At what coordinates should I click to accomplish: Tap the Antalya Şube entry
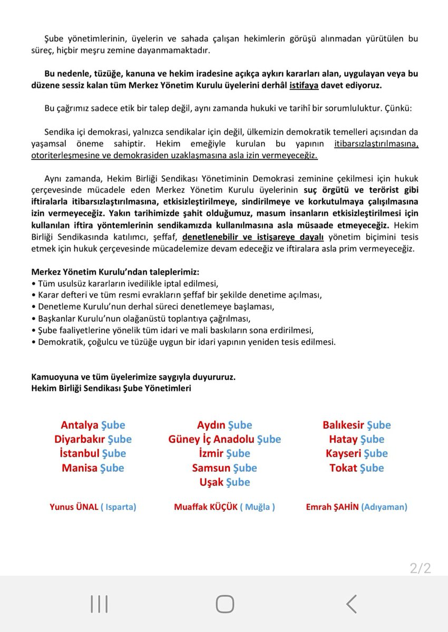[x=93, y=425]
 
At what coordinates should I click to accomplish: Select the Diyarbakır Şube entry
[x=93, y=439]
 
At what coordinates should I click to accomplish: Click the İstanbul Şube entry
[x=93, y=453]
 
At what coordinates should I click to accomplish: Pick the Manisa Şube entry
[x=93, y=468]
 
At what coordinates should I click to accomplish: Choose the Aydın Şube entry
[x=225, y=425]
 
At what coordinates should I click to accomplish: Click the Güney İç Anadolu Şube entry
[x=225, y=439]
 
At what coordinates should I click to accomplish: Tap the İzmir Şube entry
[x=225, y=453]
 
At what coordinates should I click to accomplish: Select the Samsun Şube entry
[x=225, y=468]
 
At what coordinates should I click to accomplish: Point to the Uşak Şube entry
[x=225, y=482]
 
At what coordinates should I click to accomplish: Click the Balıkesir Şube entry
[x=357, y=425]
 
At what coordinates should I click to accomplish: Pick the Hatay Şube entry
[x=357, y=439]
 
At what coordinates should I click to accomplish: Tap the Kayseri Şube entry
[x=357, y=453]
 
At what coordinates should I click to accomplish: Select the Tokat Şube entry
[x=357, y=468]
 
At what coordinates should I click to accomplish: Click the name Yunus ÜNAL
[x=74, y=507]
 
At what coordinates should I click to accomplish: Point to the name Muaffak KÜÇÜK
[x=206, y=507]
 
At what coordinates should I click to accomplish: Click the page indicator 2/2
[x=420, y=568]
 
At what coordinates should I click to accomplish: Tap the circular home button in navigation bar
[x=225, y=604]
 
